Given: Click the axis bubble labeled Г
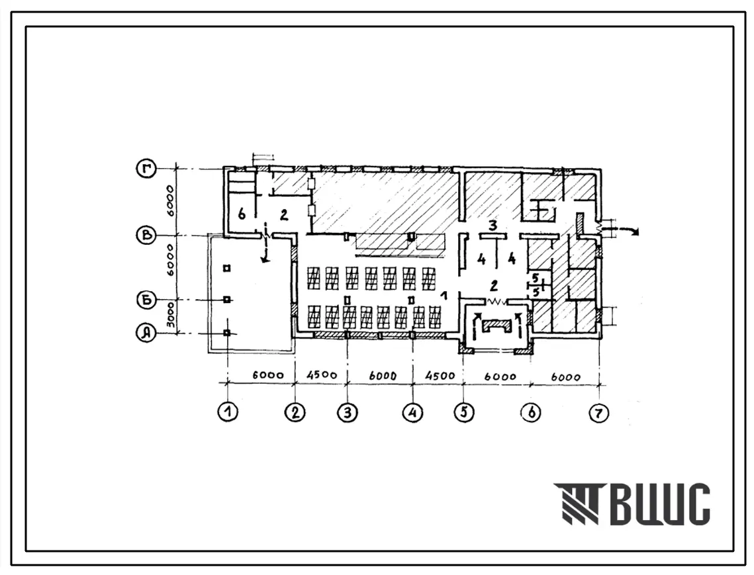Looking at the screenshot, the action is click(145, 169).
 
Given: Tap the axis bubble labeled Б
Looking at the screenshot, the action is click(145, 300).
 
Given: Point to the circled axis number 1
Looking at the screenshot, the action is click(228, 412).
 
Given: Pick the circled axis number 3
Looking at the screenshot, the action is click(348, 412).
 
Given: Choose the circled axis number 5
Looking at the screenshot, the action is click(464, 412).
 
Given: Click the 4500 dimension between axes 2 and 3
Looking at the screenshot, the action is click(322, 375).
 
